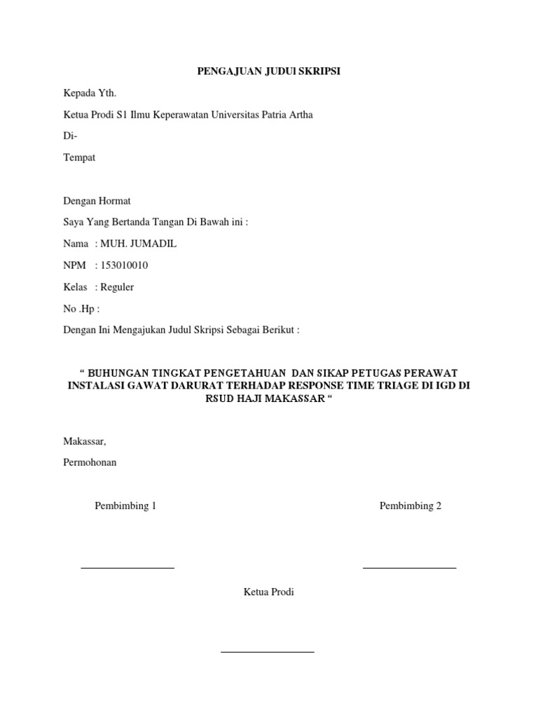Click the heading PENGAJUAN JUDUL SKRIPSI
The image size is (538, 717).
click(x=268, y=71)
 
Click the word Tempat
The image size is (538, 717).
click(x=79, y=158)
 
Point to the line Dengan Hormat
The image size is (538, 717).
click(x=97, y=201)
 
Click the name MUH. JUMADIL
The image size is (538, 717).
click(x=139, y=244)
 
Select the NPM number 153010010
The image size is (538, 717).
click(x=125, y=265)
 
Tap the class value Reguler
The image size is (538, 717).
click(x=117, y=287)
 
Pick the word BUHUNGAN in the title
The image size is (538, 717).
click(x=120, y=373)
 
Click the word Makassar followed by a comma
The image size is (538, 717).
click(x=85, y=441)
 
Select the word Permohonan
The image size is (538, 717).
click(x=90, y=462)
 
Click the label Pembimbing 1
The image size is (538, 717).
click(x=125, y=506)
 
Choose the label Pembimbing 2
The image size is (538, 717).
click(x=411, y=506)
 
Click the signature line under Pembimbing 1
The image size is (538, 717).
click(x=127, y=568)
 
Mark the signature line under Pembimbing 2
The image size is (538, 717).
click(x=410, y=568)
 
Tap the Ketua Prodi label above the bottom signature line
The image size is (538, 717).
click(x=269, y=592)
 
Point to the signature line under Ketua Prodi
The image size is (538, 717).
click(x=268, y=652)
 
